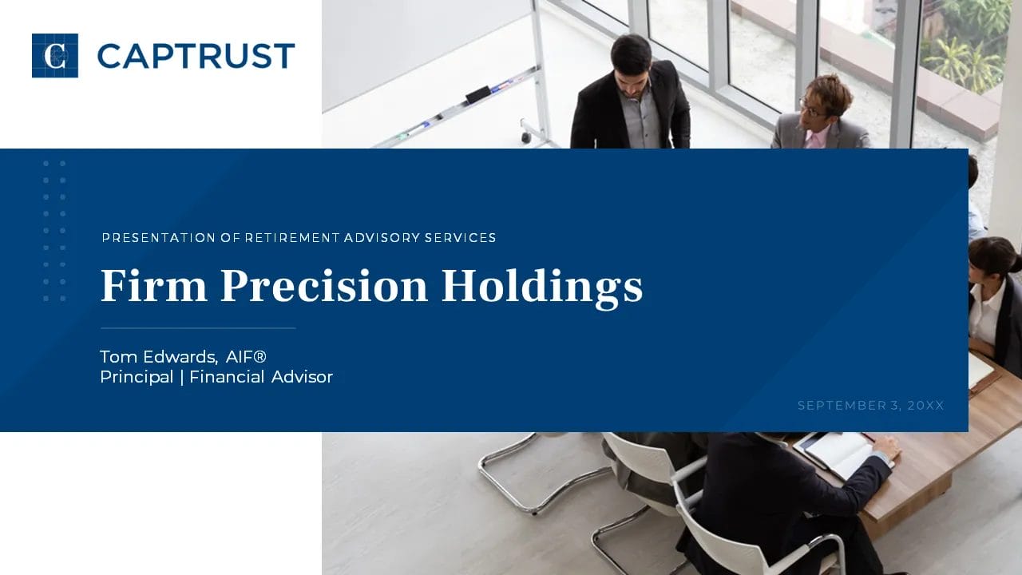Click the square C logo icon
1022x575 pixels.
tap(55, 56)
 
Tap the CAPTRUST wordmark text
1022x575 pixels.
tap(196, 56)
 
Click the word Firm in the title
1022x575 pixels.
tap(154, 286)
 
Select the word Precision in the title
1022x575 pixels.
tap(324, 286)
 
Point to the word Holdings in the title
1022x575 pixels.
tap(542, 288)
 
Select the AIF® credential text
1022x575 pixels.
tap(246, 357)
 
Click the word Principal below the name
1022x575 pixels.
tap(137, 378)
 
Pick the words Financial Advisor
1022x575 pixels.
tap(261, 377)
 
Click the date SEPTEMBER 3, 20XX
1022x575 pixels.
tap(870, 405)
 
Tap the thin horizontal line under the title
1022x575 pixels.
tap(198, 328)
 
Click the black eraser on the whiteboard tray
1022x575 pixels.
tap(477, 94)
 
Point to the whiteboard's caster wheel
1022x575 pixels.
tap(526, 137)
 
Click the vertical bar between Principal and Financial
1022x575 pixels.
tap(181, 378)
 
